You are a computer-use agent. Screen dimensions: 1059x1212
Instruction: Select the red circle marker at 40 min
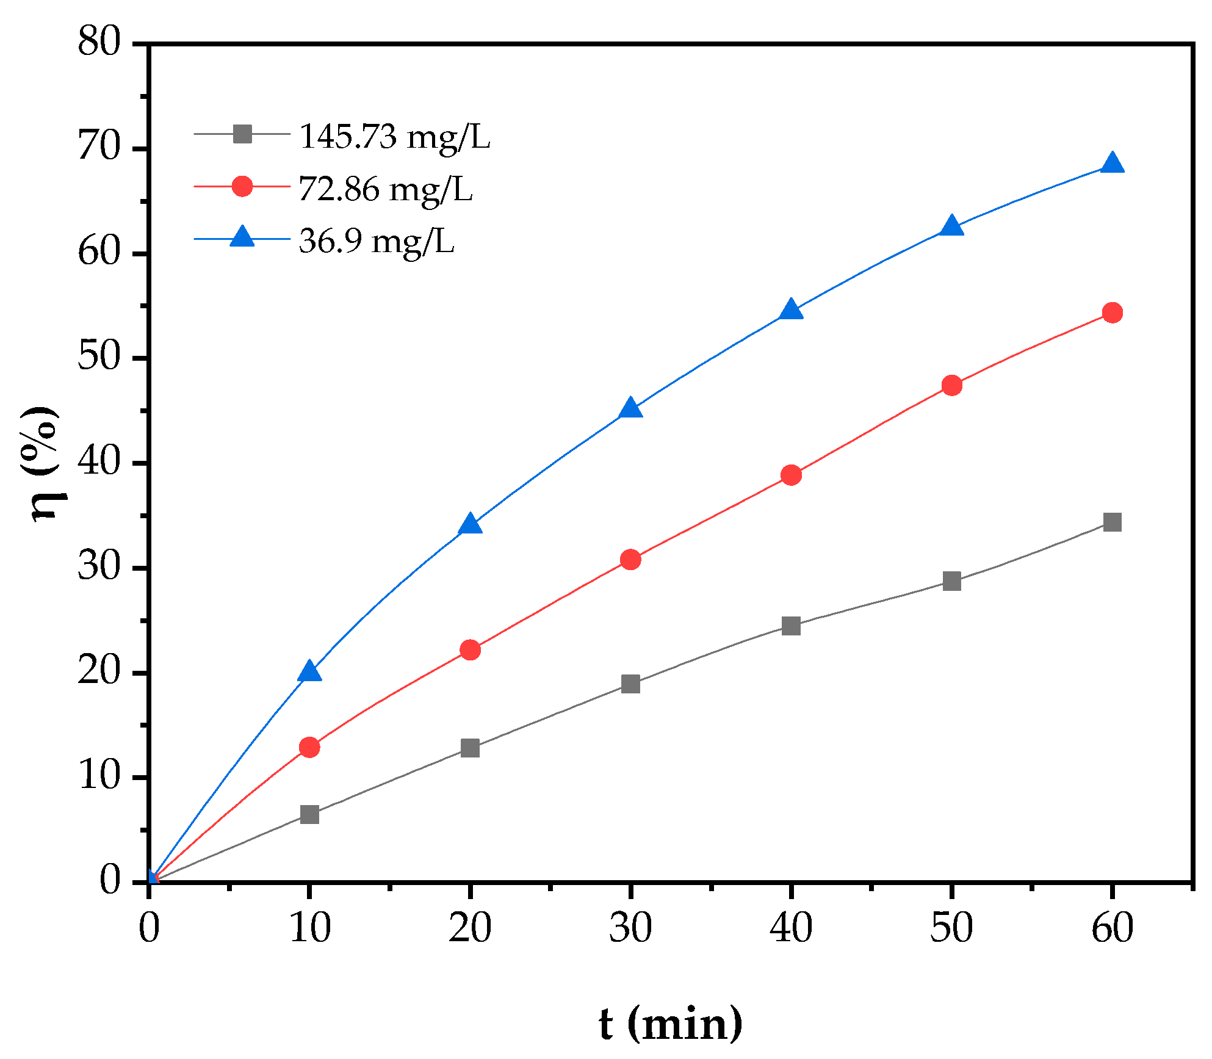click(791, 475)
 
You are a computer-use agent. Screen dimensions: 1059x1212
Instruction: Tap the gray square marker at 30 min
click(630, 684)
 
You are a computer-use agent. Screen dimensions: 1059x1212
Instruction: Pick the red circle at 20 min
click(470, 650)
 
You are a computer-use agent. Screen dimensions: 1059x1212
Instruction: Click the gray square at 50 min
click(951, 581)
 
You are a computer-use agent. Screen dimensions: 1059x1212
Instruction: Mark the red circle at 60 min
click(1112, 313)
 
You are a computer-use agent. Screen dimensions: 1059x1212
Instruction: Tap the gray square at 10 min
click(309, 814)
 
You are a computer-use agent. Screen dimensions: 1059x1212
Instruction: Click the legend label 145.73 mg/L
click(394, 137)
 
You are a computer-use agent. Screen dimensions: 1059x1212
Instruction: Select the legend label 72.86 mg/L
click(386, 189)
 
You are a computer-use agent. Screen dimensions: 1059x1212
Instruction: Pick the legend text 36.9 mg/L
click(377, 242)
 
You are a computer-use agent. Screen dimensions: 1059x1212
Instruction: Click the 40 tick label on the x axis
click(791, 928)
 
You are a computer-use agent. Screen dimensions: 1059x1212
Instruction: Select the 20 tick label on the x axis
click(470, 928)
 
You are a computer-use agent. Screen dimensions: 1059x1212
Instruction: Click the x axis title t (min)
click(670, 1024)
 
